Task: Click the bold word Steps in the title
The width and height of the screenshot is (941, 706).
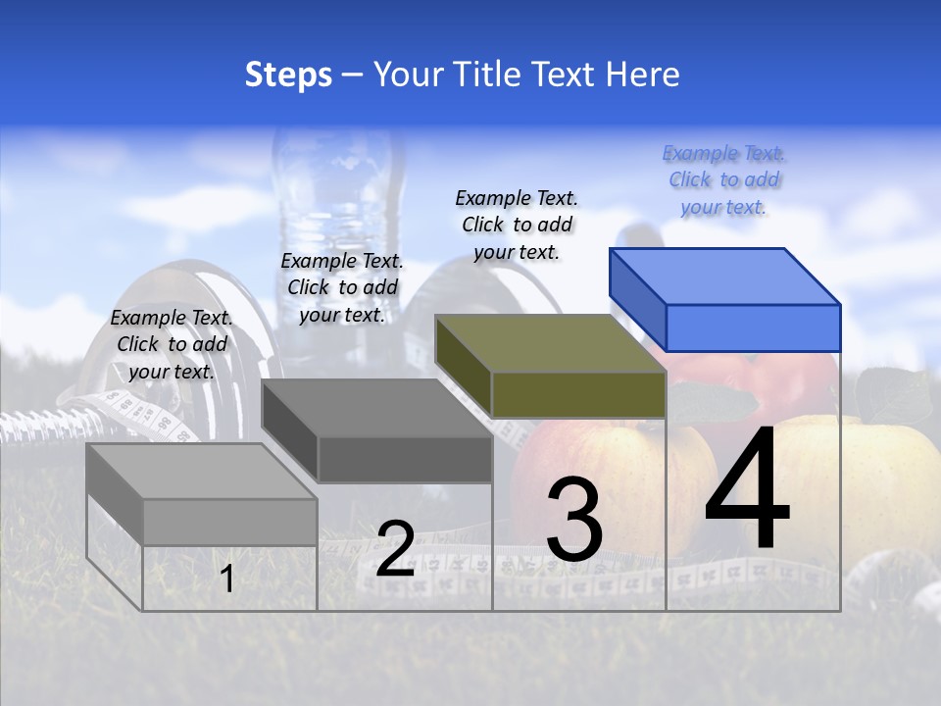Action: [288, 75]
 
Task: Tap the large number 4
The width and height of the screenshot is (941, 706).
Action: [747, 489]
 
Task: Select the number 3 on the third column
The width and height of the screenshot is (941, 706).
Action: [574, 520]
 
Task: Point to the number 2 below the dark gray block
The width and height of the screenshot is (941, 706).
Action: [395, 549]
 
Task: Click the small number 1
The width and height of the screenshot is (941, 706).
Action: [227, 580]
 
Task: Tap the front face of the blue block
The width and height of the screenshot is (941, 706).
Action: [753, 328]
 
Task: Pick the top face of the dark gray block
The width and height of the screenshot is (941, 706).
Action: [376, 408]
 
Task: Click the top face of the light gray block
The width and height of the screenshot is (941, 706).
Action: [202, 471]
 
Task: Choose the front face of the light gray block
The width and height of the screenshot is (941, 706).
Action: [229, 522]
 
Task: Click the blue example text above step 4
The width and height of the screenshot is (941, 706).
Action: [723, 180]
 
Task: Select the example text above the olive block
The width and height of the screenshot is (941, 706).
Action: [517, 225]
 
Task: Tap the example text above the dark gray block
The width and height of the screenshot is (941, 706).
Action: [342, 287]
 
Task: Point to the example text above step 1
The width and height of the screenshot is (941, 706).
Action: [172, 344]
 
